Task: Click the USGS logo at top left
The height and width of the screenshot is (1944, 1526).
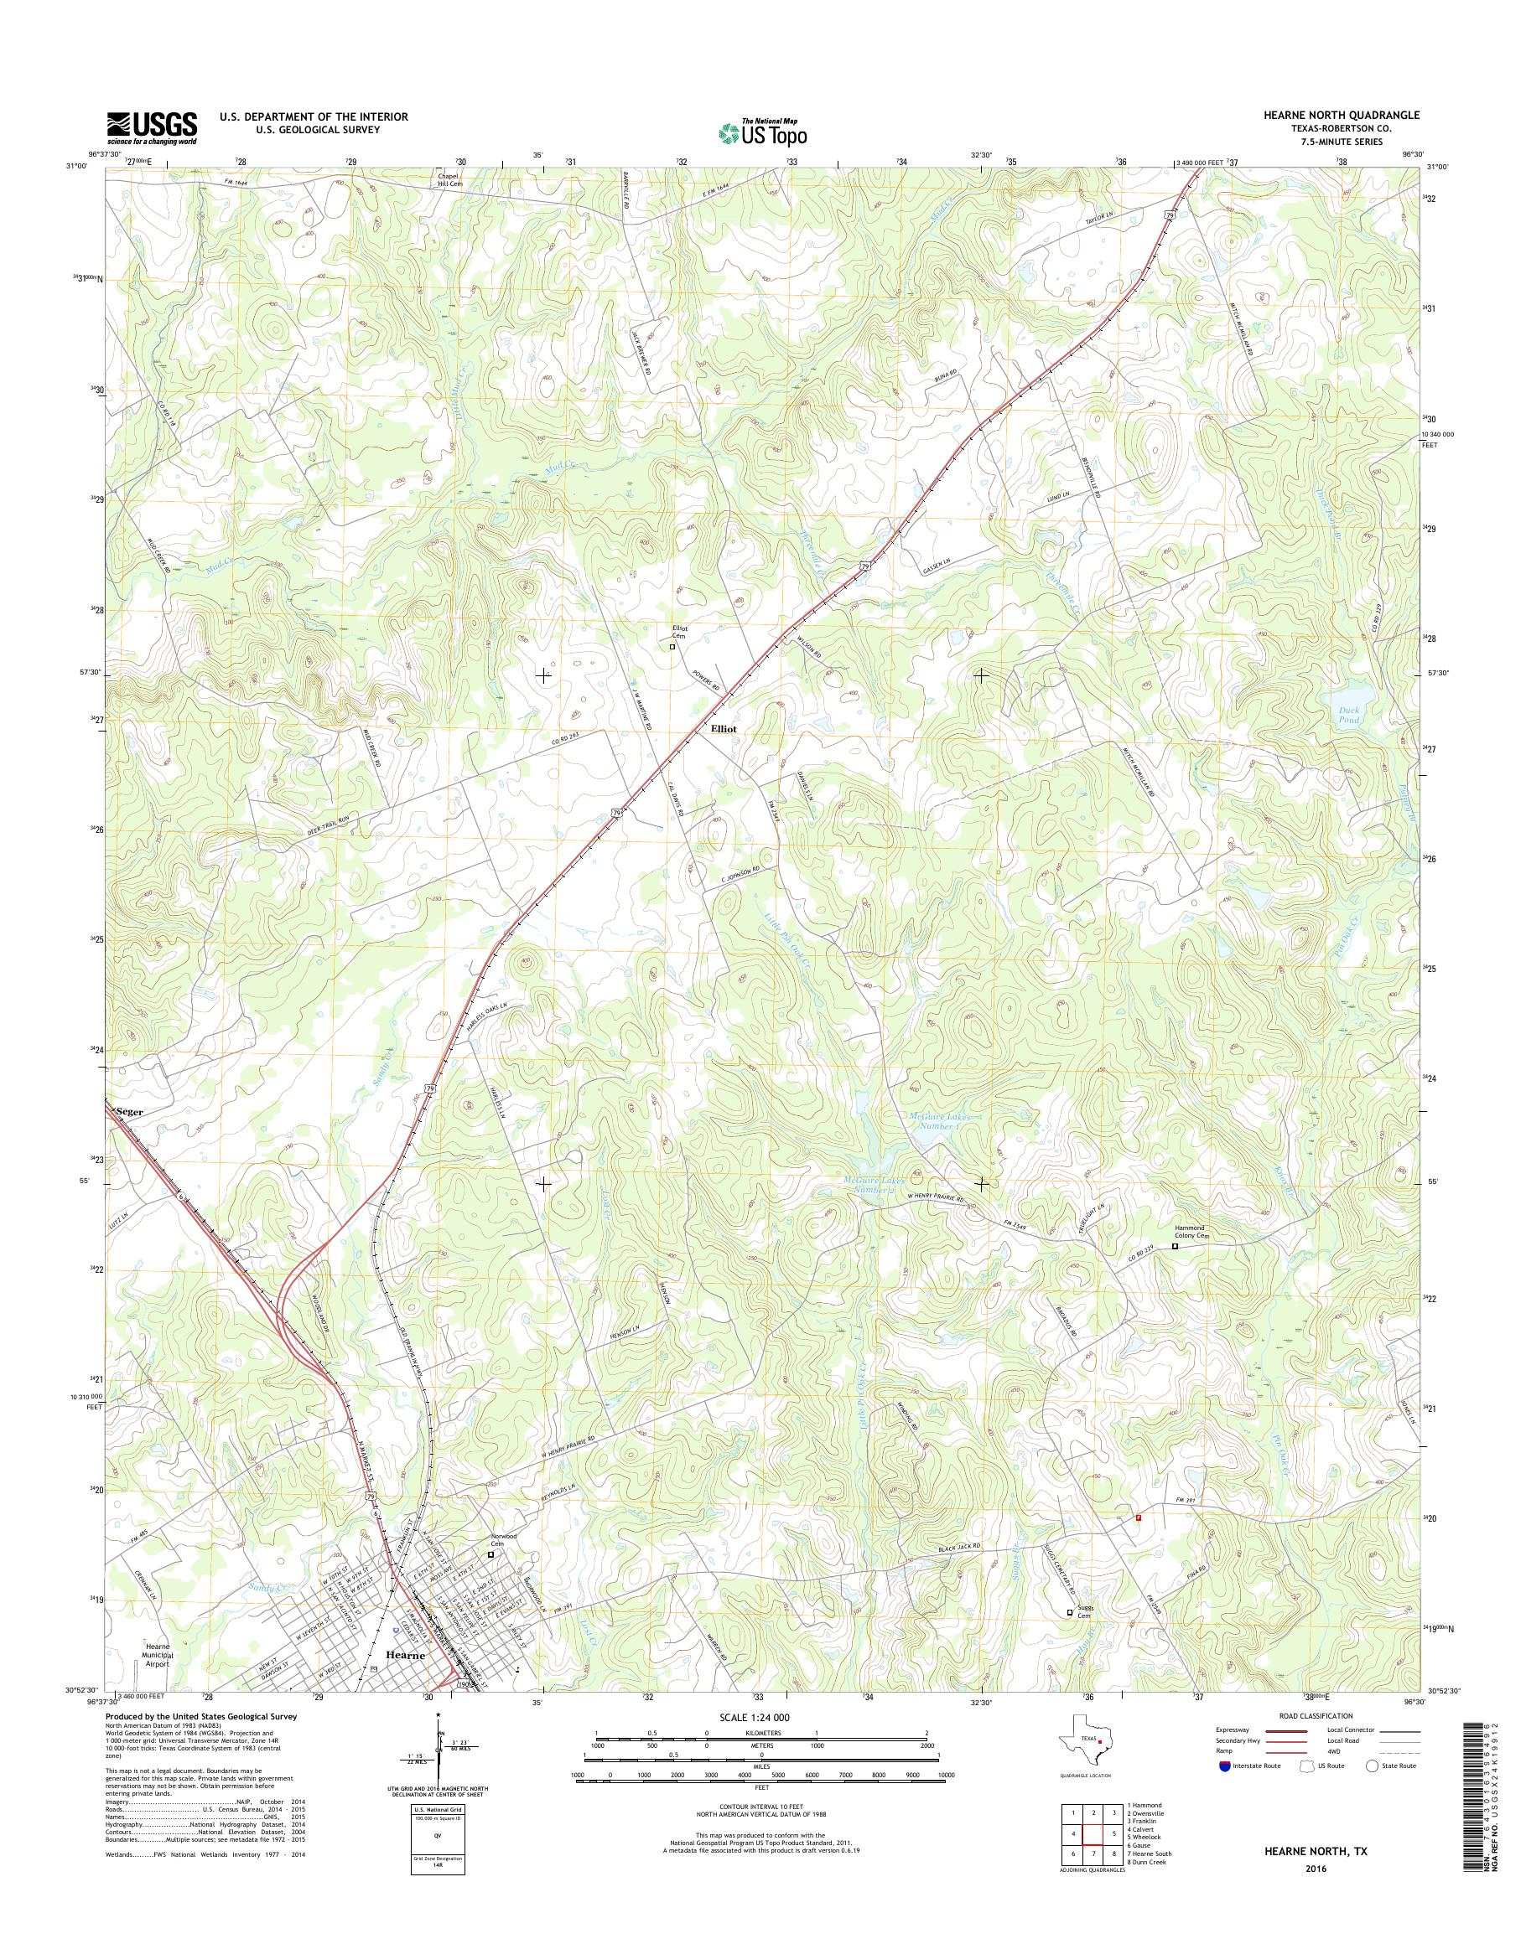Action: pos(152,127)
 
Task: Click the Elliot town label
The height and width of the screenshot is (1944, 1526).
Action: pos(724,729)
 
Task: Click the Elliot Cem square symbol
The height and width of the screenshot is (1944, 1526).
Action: pos(672,648)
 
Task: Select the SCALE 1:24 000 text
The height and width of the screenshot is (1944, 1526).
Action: pos(755,1717)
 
